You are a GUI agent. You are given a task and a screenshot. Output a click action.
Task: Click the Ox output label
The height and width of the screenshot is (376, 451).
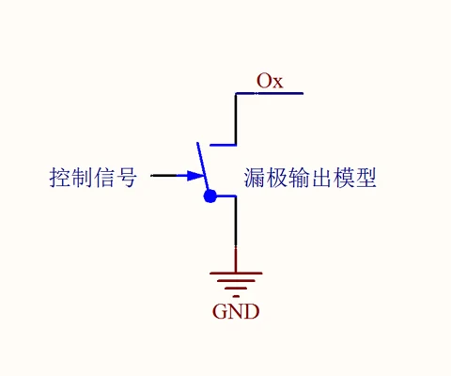click(270, 81)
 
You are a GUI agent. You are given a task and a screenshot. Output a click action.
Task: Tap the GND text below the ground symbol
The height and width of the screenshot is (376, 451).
click(236, 311)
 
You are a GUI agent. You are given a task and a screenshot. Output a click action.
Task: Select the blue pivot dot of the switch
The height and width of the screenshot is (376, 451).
click(210, 196)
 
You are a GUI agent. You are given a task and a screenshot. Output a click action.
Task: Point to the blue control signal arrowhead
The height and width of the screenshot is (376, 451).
click(195, 176)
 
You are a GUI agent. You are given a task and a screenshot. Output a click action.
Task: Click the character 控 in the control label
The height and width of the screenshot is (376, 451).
click(60, 178)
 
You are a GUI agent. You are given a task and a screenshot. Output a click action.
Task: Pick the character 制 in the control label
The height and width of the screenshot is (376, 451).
click(82, 178)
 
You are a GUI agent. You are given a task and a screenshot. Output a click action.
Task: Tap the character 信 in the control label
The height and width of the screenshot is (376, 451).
click(104, 178)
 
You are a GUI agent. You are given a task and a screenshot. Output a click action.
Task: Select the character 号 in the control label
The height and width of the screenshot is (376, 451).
click(127, 178)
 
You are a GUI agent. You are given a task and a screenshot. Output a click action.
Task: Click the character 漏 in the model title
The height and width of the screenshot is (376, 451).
click(255, 178)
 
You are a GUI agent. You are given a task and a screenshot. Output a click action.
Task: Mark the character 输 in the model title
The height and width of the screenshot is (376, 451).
click(299, 178)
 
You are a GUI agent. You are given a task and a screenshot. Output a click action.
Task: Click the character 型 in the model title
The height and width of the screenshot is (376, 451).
click(365, 178)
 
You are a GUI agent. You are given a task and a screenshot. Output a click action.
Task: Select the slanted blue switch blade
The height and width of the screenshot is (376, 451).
click(203, 166)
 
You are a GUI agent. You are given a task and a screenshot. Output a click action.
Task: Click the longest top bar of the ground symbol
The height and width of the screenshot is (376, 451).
click(236, 274)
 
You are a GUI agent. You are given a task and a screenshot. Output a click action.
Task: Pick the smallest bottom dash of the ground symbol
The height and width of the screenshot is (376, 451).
click(236, 296)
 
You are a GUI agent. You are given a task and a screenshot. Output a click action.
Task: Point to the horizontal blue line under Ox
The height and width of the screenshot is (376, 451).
click(270, 93)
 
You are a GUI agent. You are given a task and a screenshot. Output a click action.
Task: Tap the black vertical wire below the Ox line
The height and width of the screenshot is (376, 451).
click(236, 118)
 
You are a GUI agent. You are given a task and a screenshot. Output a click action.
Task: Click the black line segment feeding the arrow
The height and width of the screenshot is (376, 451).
click(164, 176)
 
